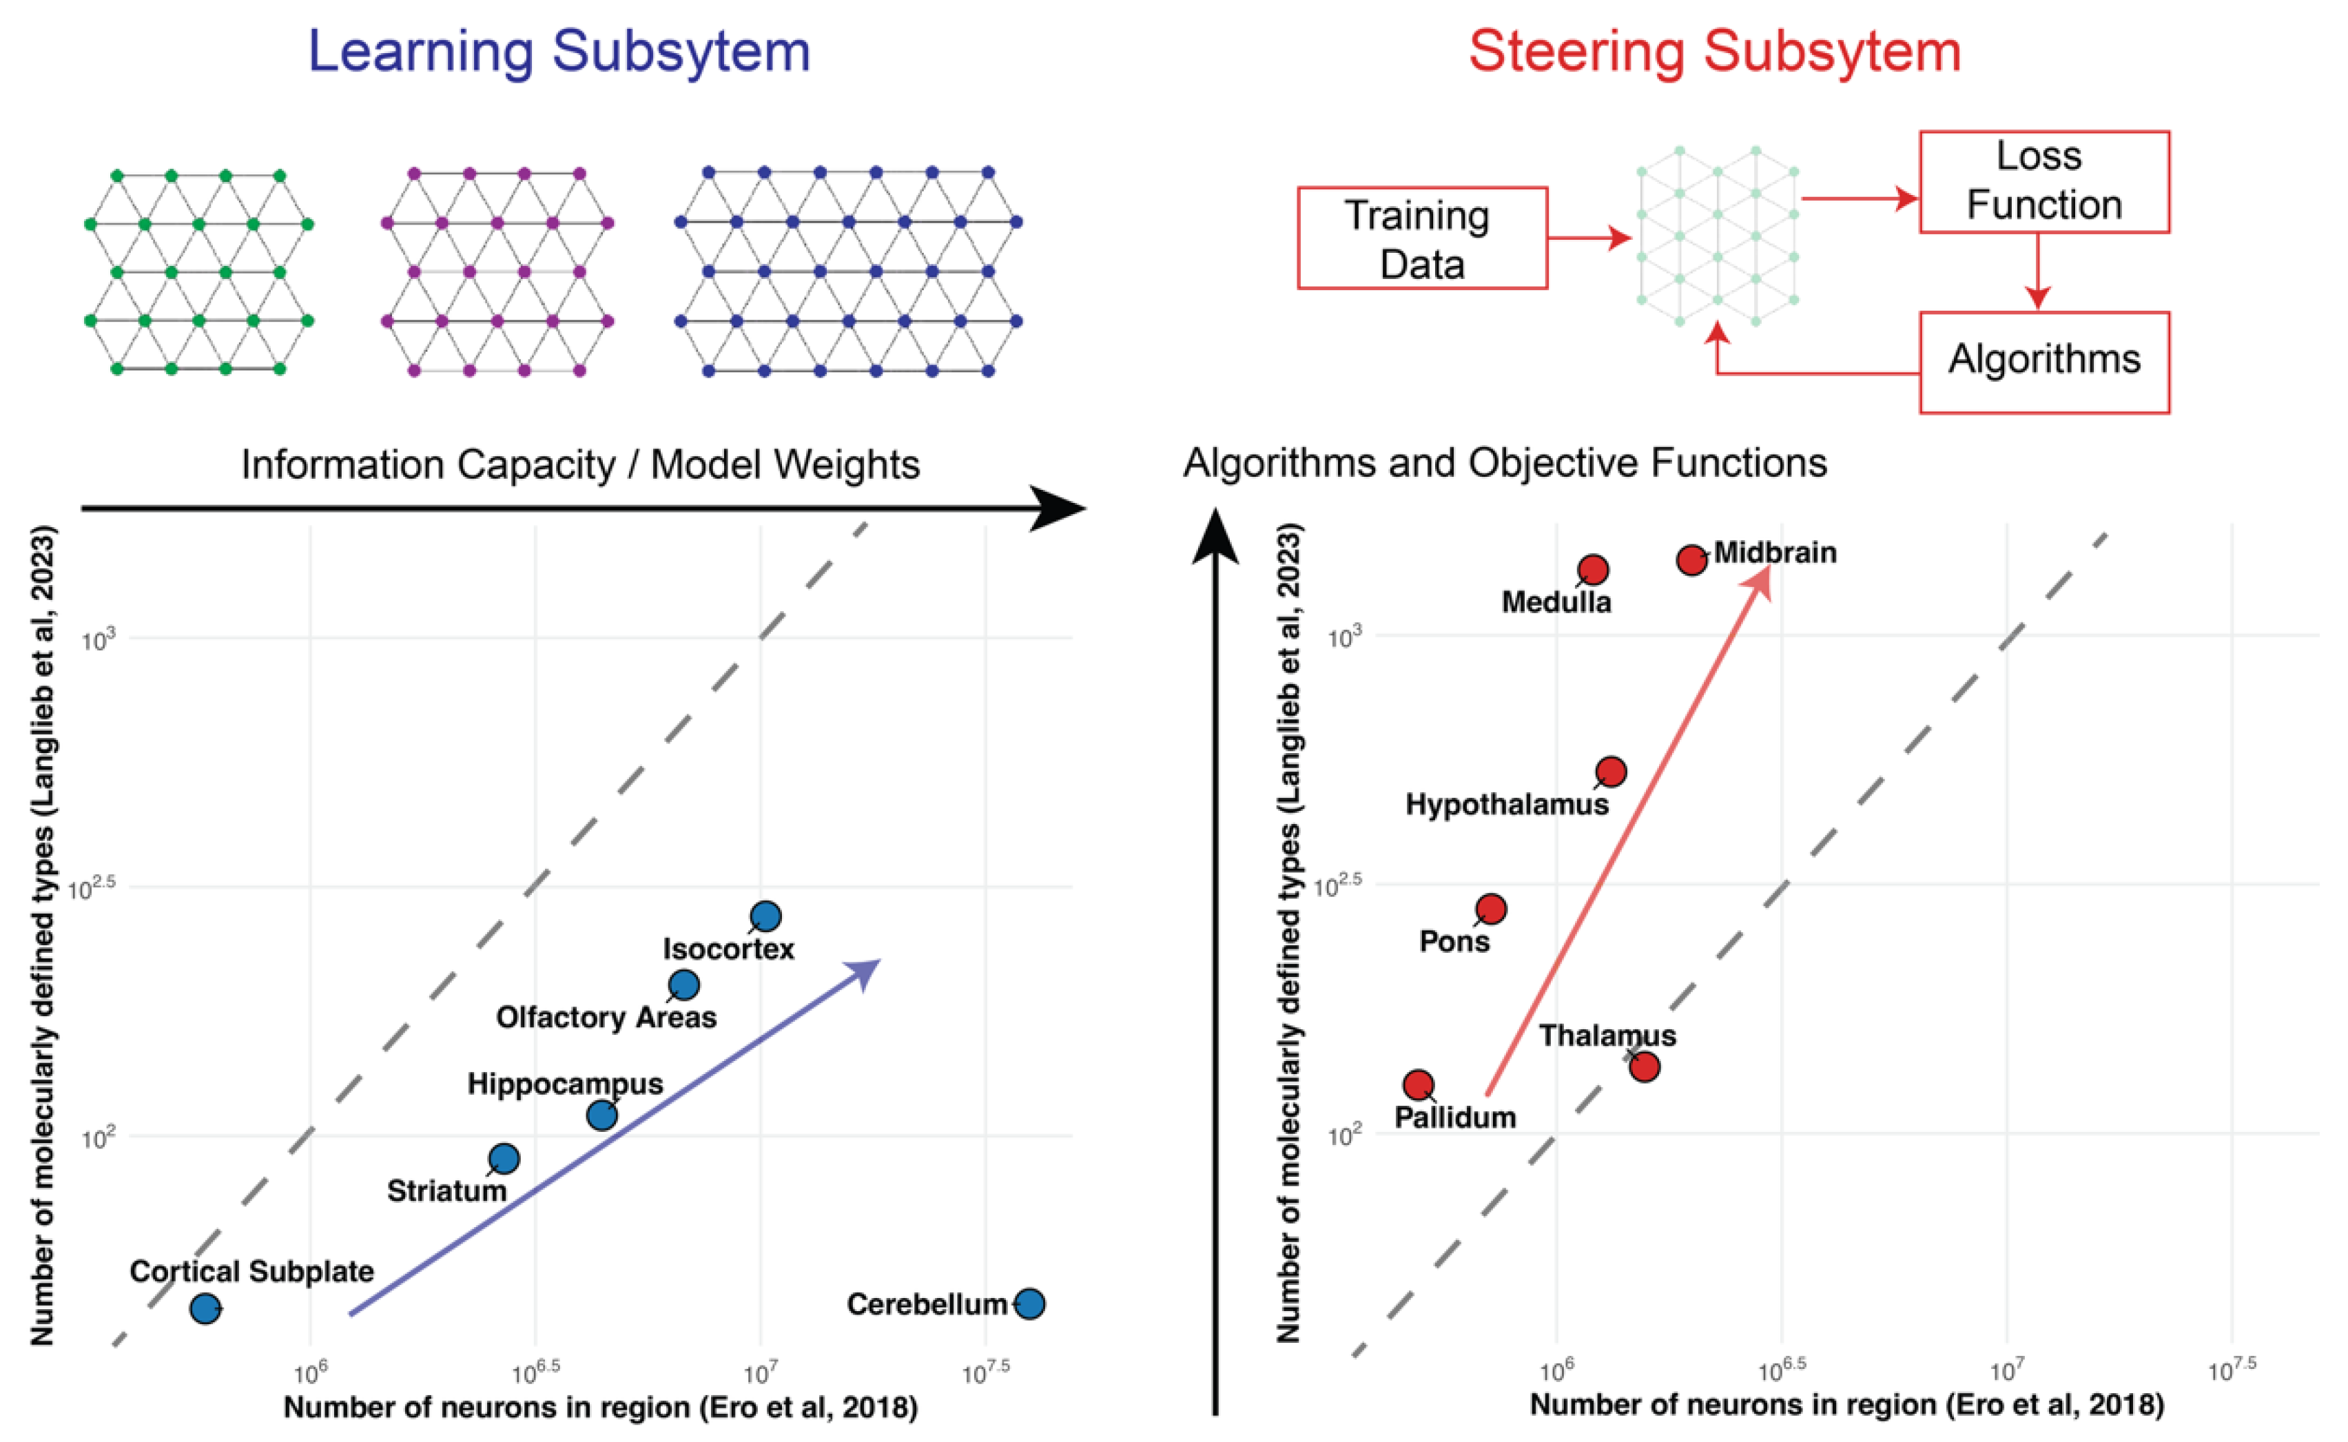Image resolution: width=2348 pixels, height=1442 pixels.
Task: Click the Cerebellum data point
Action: point(1029,1303)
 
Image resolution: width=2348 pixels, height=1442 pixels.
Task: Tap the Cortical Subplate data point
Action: point(205,1308)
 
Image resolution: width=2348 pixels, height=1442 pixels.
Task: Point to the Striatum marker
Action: point(504,1159)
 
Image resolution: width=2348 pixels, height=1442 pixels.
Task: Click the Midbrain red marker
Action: point(1692,560)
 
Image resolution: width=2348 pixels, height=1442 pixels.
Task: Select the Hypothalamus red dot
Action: point(1611,772)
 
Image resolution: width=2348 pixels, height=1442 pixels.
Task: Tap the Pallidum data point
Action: point(1418,1084)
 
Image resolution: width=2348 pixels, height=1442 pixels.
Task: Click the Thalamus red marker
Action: point(1644,1067)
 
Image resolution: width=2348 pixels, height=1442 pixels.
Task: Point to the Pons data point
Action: point(1492,909)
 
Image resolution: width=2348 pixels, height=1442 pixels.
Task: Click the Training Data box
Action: point(1422,238)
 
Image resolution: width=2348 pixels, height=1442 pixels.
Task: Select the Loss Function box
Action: point(2043,182)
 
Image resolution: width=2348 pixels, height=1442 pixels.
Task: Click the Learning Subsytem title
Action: point(559,52)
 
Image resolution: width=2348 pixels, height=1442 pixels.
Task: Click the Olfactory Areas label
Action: point(606,1018)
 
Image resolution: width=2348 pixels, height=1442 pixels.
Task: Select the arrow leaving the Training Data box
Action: point(1588,238)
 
